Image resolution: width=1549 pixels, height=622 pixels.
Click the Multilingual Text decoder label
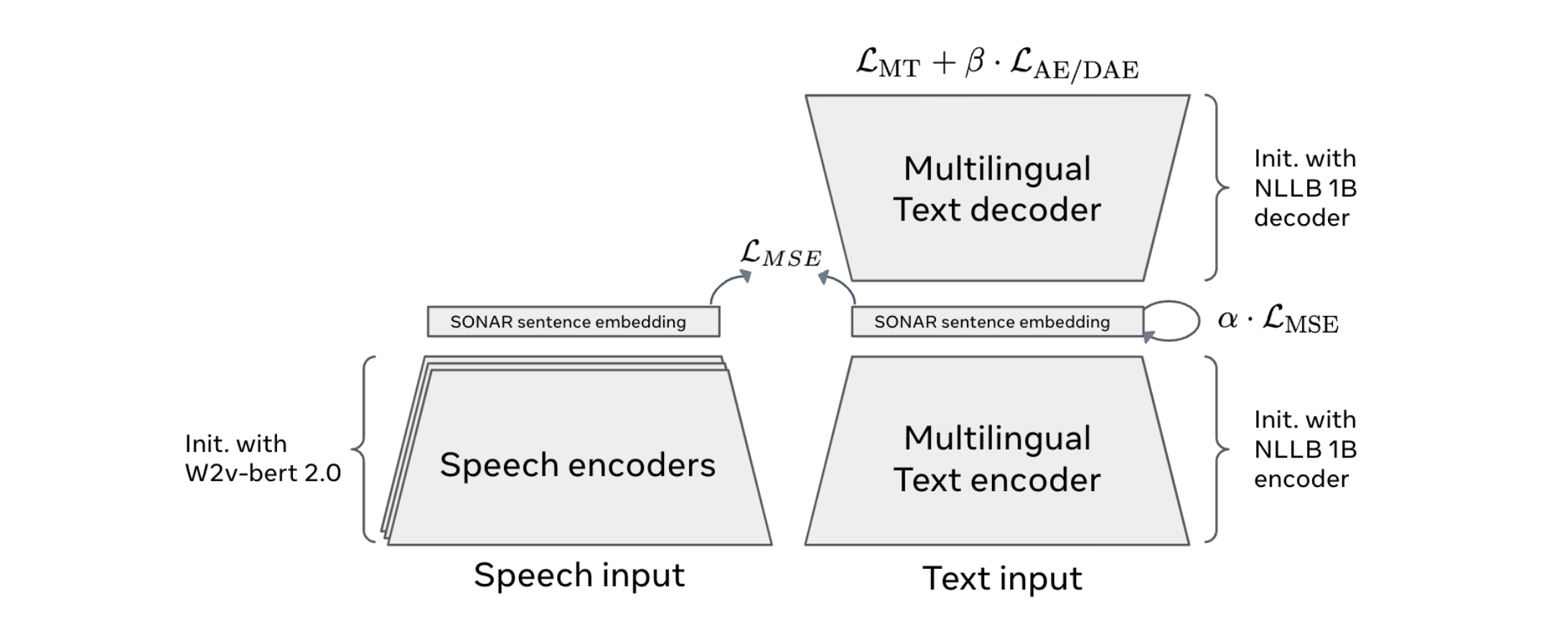pyautogui.click(x=997, y=189)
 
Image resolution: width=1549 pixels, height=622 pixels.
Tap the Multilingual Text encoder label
pyautogui.click(x=997, y=459)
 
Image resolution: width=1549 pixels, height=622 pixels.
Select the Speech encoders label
pyautogui.click(x=577, y=465)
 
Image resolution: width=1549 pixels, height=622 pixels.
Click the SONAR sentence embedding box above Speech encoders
pyautogui.click(x=573, y=322)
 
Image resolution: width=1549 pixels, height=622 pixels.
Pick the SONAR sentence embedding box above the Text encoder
pyautogui.click(x=997, y=322)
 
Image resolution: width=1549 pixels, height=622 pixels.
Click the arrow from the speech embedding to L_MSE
pyautogui.click(x=726, y=287)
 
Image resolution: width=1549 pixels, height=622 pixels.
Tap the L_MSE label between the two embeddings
pyautogui.click(x=780, y=254)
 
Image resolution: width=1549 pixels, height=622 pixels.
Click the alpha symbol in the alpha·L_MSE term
pyautogui.click(x=1227, y=319)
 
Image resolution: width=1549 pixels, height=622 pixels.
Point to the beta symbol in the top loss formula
pyautogui.click(x=975, y=62)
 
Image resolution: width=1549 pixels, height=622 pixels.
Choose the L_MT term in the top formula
pyautogui.click(x=887, y=64)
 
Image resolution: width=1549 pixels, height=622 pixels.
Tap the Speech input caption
pyautogui.click(x=579, y=575)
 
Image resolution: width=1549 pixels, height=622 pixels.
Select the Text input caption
pyautogui.click(x=1002, y=578)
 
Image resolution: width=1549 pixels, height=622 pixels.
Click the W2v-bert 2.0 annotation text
pyautogui.click(x=263, y=473)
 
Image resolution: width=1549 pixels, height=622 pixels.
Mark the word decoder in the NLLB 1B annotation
pyautogui.click(x=1301, y=218)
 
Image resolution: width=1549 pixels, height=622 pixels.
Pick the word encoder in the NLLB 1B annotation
pyautogui.click(x=1301, y=479)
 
